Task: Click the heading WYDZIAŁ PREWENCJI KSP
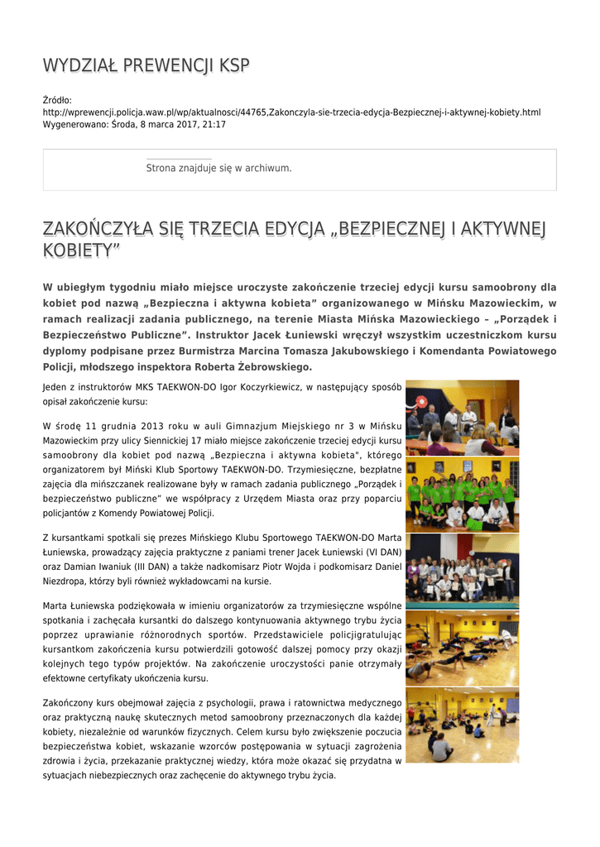tap(146, 66)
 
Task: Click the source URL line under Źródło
tap(291, 112)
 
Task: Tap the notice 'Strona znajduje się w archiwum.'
tap(218, 168)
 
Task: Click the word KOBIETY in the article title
tap(81, 249)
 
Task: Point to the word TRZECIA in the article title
tap(208, 227)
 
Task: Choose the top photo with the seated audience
tap(462, 417)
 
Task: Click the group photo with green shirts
tap(462, 494)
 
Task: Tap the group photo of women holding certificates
tap(462, 570)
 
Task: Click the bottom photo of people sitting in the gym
tap(462, 725)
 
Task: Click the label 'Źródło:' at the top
tap(57, 100)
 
